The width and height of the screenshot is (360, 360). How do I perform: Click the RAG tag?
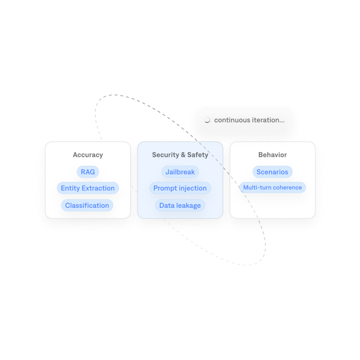pos(87,172)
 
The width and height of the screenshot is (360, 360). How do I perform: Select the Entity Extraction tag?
pos(87,188)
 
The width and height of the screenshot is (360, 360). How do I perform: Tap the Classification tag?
pos(87,205)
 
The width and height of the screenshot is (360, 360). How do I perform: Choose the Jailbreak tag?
pos(180,172)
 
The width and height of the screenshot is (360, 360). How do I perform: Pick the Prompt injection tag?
pos(180,188)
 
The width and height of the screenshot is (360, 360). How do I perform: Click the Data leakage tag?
pos(180,205)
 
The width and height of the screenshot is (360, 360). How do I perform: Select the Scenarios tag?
pos(272,172)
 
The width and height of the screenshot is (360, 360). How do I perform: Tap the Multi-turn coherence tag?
pos(272,188)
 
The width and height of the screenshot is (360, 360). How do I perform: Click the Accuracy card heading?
pos(87,155)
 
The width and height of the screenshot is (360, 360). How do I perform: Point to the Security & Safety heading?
pos(180,155)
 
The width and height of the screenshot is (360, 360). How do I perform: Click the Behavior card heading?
pos(272,155)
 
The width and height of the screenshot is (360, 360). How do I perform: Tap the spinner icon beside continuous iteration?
pos(207,120)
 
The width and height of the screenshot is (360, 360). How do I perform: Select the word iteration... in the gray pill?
pos(267,120)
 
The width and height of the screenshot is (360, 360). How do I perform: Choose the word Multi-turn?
pos(257,188)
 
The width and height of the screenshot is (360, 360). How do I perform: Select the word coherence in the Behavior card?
pos(287,188)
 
